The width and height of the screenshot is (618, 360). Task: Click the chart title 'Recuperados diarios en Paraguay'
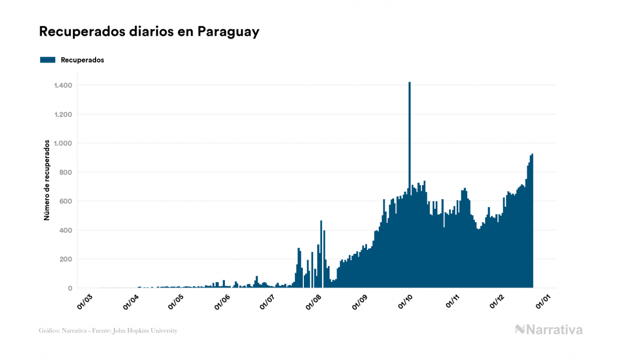click(149, 32)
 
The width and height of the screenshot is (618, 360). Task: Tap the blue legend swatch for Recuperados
click(48, 60)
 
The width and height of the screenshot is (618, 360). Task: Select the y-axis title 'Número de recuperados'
click(47, 180)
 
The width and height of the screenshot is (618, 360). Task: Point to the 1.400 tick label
click(63, 85)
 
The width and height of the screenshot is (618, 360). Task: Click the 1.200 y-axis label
click(63, 114)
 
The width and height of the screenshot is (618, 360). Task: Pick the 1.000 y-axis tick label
click(63, 143)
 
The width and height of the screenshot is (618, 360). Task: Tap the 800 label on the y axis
click(66, 173)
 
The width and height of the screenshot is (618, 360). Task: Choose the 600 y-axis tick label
click(66, 201)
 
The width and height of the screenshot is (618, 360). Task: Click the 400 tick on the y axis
click(66, 230)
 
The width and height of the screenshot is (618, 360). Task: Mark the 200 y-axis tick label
click(66, 259)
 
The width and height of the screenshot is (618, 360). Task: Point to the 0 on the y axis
click(70, 288)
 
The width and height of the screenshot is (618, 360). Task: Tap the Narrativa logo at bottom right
click(549, 330)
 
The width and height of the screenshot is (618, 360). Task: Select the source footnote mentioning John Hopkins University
click(108, 331)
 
